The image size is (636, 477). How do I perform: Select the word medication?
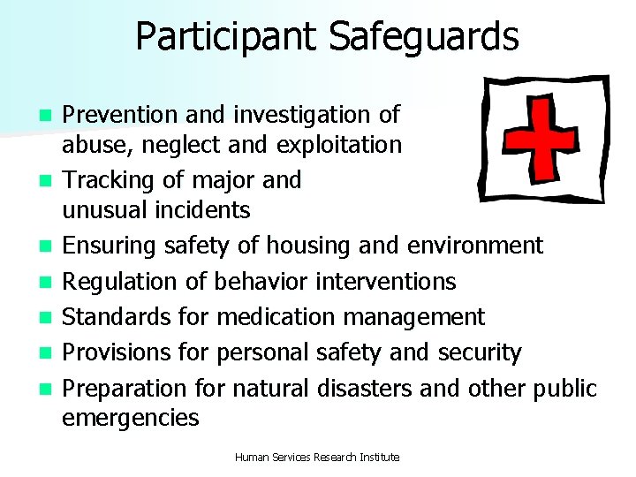tap(275, 316)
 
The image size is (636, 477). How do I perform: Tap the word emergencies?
tap(131, 418)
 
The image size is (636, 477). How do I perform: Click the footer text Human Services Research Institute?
tap(317, 457)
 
